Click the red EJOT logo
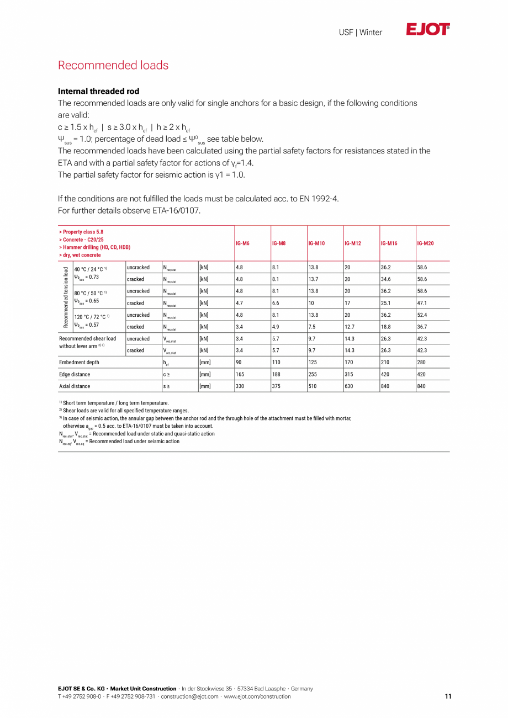tap(428, 30)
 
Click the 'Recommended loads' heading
tap(113, 65)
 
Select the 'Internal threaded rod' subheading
tap(98, 91)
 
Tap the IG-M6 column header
tap(242, 243)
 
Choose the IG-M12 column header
tap(352, 243)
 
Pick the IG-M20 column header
tap(425, 243)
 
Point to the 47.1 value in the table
tap(423, 303)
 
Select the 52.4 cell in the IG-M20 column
tap(423, 315)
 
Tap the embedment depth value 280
tap(422, 363)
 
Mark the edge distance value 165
tap(240, 374)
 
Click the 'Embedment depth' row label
tap(79, 363)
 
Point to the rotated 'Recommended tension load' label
tap(66, 297)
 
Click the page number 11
tap(448, 696)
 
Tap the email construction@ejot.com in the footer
tap(189, 696)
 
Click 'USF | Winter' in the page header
tap(360, 33)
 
